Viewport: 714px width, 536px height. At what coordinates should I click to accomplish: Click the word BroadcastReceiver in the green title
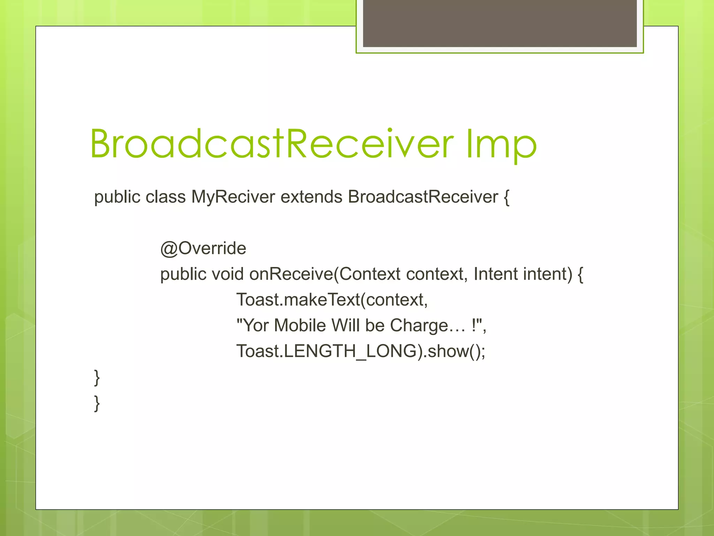click(x=272, y=144)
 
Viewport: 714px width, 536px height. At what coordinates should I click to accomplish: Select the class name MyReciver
click(x=233, y=197)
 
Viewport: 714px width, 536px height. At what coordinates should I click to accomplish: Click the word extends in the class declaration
click(x=311, y=197)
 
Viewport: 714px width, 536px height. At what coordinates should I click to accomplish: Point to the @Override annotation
click(x=203, y=248)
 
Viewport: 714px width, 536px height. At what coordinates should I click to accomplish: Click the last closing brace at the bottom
click(x=97, y=403)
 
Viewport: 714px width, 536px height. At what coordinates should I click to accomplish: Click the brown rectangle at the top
click(x=500, y=23)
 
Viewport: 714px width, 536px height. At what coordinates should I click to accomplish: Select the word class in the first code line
click(x=166, y=197)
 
